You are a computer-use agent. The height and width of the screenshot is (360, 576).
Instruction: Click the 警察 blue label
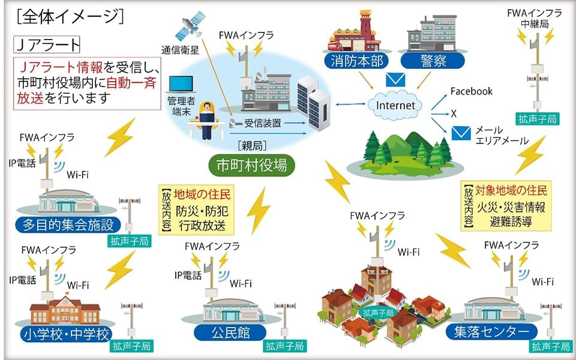click(432, 61)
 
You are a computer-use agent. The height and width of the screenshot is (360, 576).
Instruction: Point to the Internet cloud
click(395, 105)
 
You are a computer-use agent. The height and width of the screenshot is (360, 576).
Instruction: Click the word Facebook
click(472, 91)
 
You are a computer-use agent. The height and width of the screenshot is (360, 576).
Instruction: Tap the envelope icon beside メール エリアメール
click(460, 133)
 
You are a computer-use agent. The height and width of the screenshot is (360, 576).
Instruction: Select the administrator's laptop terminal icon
click(180, 87)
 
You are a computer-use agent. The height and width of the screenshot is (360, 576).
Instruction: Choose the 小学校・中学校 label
click(65, 333)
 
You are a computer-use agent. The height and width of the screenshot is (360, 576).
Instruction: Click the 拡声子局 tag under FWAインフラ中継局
click(538, 119)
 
